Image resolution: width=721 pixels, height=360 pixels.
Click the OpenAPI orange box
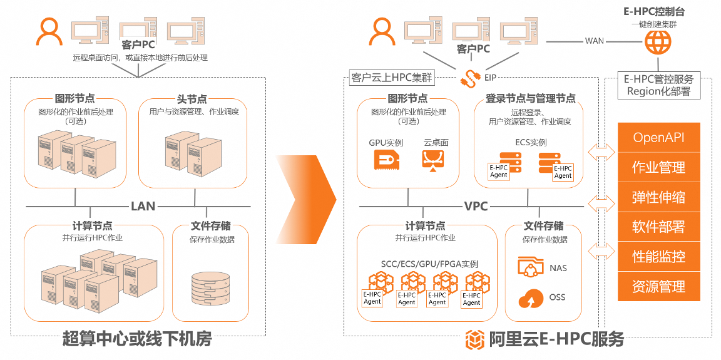pyautogui.click(x=658, y=138)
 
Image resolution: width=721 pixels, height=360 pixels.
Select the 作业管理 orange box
pyautogui.click(x=658, y=167)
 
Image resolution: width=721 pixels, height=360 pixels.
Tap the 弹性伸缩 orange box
pyautogui.click(x=658, y=197)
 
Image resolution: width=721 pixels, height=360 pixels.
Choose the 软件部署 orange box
pyautogui.click(x=658, y=227)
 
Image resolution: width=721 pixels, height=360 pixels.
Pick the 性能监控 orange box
pyautogui.click(x=658, y=256)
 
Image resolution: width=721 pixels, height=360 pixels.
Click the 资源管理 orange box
pyautogui.click(x=658, y=286)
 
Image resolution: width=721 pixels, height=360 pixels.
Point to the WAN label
pyautogui.click(x=594, y=41)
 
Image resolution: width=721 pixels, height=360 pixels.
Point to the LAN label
pyautogui.click(x=143, y=206)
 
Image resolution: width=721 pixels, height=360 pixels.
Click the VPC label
pyautogui.click(x=476, y=206)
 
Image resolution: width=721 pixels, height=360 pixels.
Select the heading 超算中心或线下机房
pyautogui.click(x=137, y=339)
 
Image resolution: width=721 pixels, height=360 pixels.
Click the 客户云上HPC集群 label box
pyautogui.click(x=392, y=79)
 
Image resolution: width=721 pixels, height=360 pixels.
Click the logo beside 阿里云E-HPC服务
pyautogui.click(x=475, y=339)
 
